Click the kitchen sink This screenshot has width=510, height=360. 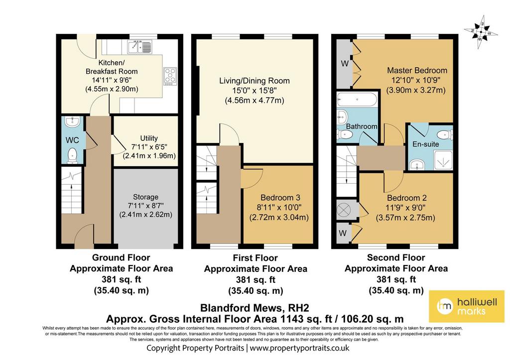click(x=140, y=47)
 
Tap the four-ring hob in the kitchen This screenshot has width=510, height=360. click(x=170, y=76)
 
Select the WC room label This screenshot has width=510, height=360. click(x=72, y=140)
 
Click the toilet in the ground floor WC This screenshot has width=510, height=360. click(x=72, y=155)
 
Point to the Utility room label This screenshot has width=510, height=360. click(x=149, y=138)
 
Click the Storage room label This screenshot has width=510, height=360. click(x=146, y=197)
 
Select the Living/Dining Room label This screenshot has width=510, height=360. click(x=255, y=81)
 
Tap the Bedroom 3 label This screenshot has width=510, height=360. click(x=280, y=197)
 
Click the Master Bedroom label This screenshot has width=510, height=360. click(x=417, y=70)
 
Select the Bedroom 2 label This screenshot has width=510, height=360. click(x=406, y=198)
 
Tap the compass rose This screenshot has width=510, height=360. click(x=481, y=32)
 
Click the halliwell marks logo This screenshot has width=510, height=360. click(x=467, y=306)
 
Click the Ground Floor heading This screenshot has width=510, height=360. click(x=121, y=257)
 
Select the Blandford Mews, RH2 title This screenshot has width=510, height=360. click(x=255, y=308)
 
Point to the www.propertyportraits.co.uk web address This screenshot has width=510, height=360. click(x=299, y=348)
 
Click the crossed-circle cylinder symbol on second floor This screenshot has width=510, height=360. click(x=343, y=210)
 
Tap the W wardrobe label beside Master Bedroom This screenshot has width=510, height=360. click(x=345, y=63)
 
